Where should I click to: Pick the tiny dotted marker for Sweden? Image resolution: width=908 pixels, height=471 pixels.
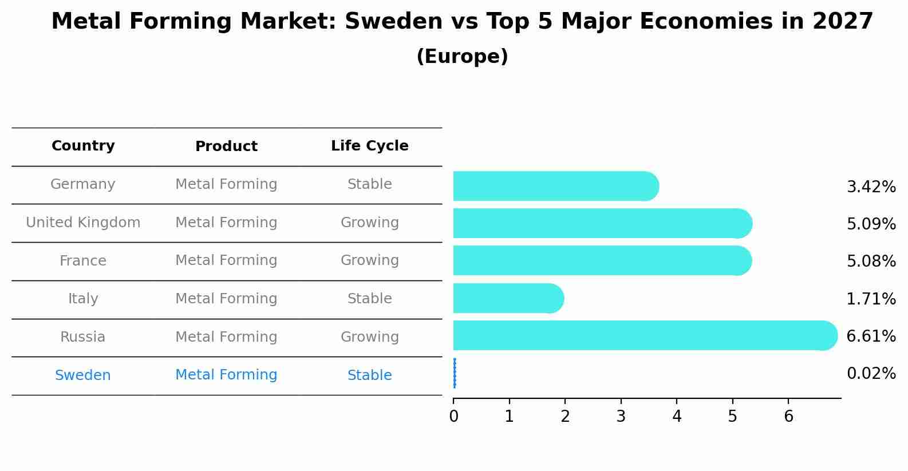point(455,373)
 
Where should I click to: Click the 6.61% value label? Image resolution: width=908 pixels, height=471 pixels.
point(871,336)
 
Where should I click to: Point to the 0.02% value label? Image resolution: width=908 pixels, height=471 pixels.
point(871,374)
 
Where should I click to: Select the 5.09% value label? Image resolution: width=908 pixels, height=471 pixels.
point(871,224)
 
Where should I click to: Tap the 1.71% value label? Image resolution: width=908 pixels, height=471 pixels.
point(871,299)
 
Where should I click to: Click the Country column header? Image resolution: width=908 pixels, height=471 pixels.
point(83,146)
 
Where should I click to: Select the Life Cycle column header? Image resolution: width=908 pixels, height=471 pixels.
point(369,146)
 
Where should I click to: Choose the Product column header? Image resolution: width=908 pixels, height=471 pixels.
point(226,147)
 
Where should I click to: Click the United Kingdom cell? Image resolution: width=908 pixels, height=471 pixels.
point(83,223)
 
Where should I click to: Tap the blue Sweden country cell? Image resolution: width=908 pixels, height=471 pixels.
point(83,375)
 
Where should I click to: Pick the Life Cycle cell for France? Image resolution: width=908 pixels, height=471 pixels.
point(369,260)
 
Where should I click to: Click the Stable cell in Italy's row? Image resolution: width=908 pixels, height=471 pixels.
point(369,299)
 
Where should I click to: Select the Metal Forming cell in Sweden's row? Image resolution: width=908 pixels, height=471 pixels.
point(226,375)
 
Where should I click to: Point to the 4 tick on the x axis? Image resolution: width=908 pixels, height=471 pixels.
point(677,416)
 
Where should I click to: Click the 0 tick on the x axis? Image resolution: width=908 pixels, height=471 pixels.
point(453,416)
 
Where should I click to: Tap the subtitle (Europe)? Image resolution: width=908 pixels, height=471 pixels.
point(462,57)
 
